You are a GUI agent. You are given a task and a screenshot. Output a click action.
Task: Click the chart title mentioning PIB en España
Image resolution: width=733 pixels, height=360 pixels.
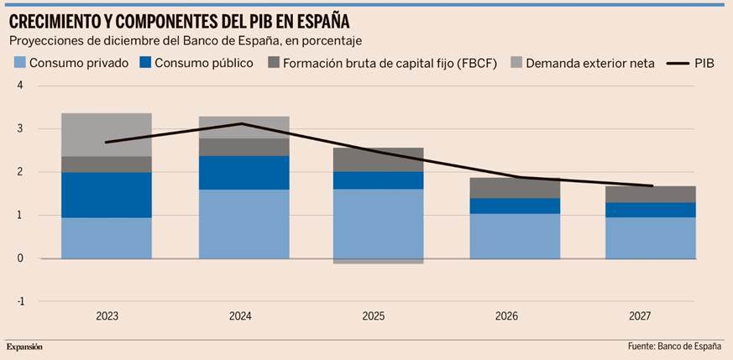[180, 19]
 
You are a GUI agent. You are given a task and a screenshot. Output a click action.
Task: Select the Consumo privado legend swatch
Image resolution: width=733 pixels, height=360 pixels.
[19, 63]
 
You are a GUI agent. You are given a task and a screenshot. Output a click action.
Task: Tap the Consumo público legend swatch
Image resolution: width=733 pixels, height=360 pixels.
[144, 63]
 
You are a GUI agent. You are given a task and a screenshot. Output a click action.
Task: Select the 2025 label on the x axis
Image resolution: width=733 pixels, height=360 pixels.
[374, 316]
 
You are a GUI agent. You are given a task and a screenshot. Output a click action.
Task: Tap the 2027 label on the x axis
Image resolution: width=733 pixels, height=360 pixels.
[640, 316]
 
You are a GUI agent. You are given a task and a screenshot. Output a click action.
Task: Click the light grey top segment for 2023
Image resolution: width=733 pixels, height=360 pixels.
[107, 134]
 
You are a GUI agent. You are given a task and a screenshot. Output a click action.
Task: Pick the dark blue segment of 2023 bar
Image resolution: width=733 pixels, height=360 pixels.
[107, 195]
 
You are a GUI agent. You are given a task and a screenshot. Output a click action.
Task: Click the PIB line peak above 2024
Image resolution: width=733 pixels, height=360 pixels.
[241, 123]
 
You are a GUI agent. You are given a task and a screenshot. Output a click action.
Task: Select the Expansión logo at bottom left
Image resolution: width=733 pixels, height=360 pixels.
[24, 347]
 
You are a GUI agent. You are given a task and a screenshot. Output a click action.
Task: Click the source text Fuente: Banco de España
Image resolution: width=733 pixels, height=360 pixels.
[674, 347]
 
